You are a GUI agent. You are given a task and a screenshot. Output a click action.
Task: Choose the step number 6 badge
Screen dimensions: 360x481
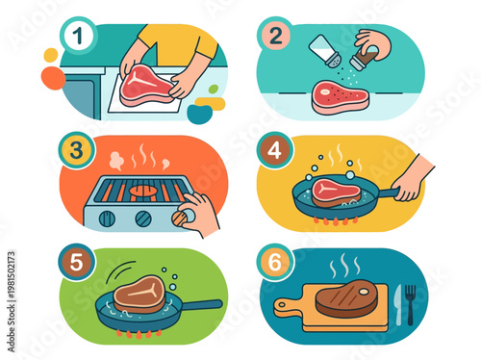click(x=274, y=261)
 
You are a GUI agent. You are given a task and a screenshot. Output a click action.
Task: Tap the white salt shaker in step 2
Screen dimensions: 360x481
click(x=323, y=50)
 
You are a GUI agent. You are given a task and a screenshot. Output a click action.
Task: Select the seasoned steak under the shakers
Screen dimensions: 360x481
click(x=340, y=96)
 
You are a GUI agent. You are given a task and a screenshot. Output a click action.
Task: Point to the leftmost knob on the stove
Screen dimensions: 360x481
click(x=108, y=219)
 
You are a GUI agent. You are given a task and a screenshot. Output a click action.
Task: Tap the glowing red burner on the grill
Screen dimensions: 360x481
click(x=143, y=191)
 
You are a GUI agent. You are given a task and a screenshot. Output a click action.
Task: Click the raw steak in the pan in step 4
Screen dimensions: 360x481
click(x=333, y=190)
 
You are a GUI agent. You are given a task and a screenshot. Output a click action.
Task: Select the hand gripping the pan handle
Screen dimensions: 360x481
click(x=411, y=180)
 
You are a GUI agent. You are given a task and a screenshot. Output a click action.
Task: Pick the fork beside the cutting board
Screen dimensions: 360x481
click(x=411, y=303)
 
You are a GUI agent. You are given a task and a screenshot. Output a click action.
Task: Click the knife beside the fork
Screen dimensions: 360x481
click(x=397, y=303)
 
